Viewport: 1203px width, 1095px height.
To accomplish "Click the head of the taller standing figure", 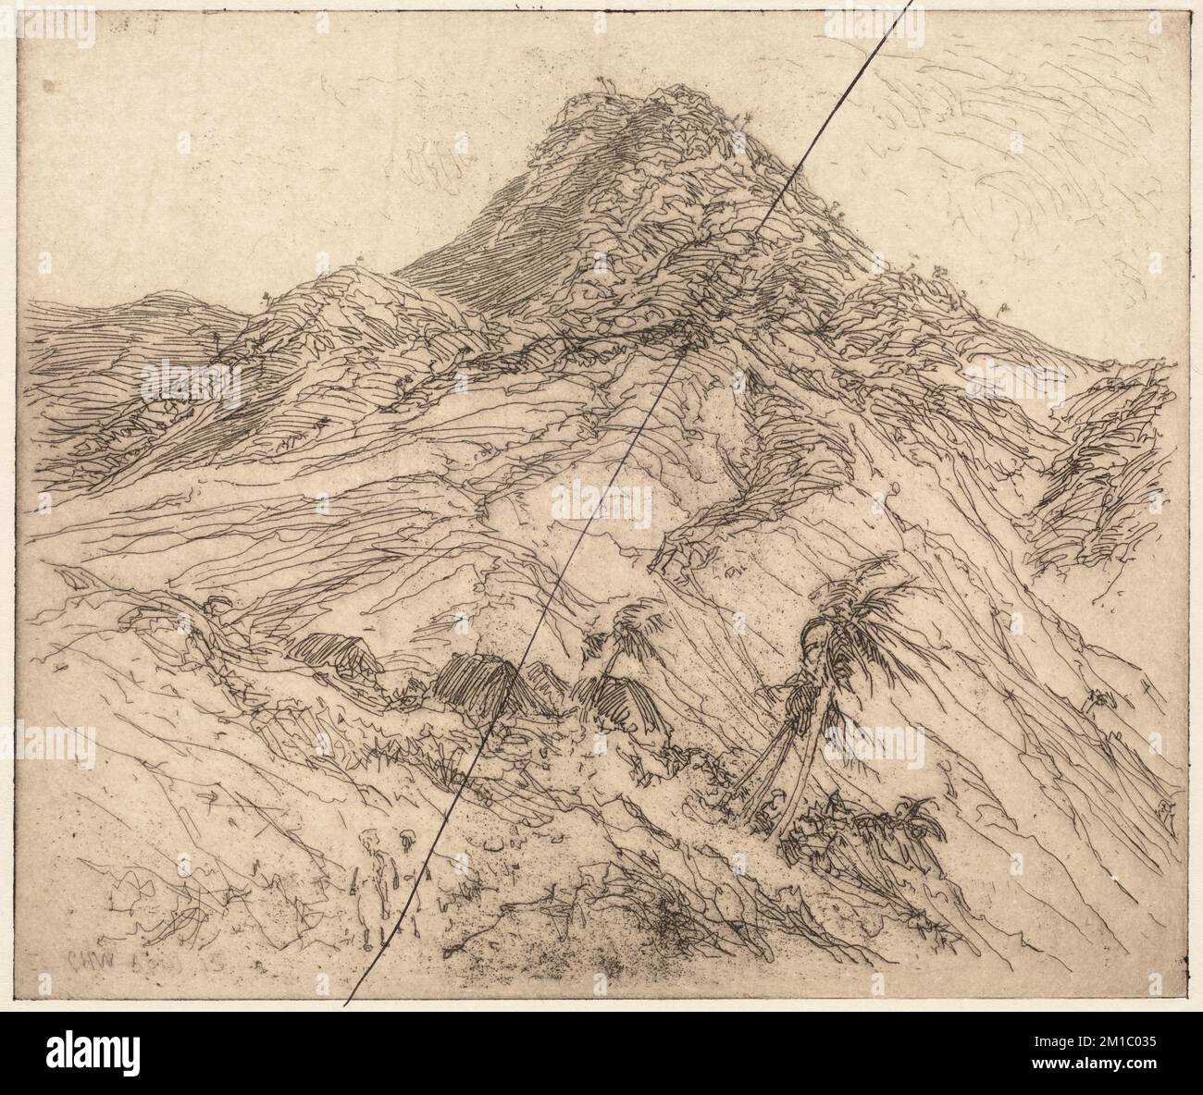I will coord(372,839).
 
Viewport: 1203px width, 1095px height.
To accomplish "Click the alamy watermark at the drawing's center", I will coord(601,505).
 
